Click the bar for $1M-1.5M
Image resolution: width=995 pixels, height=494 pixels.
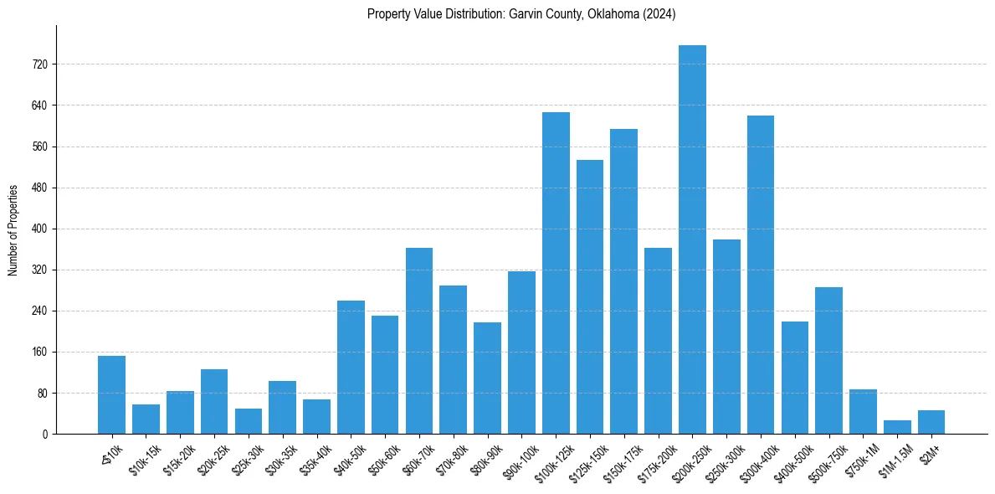897,427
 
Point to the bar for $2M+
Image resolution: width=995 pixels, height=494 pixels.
931,422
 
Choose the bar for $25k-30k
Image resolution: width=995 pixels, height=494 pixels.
248,421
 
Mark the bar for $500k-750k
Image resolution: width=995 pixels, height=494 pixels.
828,360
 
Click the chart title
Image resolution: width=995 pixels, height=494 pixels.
521,14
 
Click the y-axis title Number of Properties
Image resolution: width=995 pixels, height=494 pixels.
13,229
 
